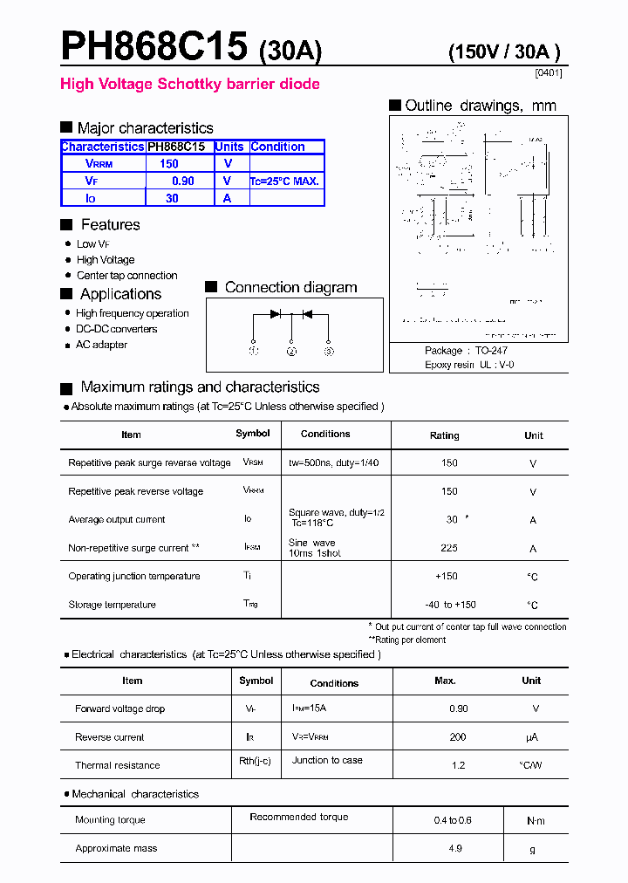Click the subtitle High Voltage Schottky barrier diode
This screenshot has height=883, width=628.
click(x=189, y=85)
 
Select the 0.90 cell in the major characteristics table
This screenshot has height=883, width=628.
click(x=182, y=181)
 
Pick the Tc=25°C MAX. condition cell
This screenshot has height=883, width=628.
click(x=285, y=181)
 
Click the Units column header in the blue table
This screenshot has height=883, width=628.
click(x=229, y=147)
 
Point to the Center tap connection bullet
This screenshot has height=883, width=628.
click(x=126, y=276)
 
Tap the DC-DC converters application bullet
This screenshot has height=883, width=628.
click(x=116, y=329)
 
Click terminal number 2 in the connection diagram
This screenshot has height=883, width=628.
click(x=291, y=352)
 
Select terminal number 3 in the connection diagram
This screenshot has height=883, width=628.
click(x=329, y=352)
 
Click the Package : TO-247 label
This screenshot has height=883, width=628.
click(x=465, y=351)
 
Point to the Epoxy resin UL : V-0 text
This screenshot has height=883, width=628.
click(x=469, y=365)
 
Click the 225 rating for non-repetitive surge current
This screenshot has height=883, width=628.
click(x=449, y=549)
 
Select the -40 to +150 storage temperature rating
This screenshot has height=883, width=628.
click(x=450, y=605)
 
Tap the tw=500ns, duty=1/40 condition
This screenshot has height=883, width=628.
click(x=333, y=463)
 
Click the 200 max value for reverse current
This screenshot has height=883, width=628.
click(x=458, y=737)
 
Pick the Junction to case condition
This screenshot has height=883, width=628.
click(x=327, y=760)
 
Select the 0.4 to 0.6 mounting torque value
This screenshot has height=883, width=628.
click(x=453, y=820)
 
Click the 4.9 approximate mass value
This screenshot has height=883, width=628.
click(x=454, y=848)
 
